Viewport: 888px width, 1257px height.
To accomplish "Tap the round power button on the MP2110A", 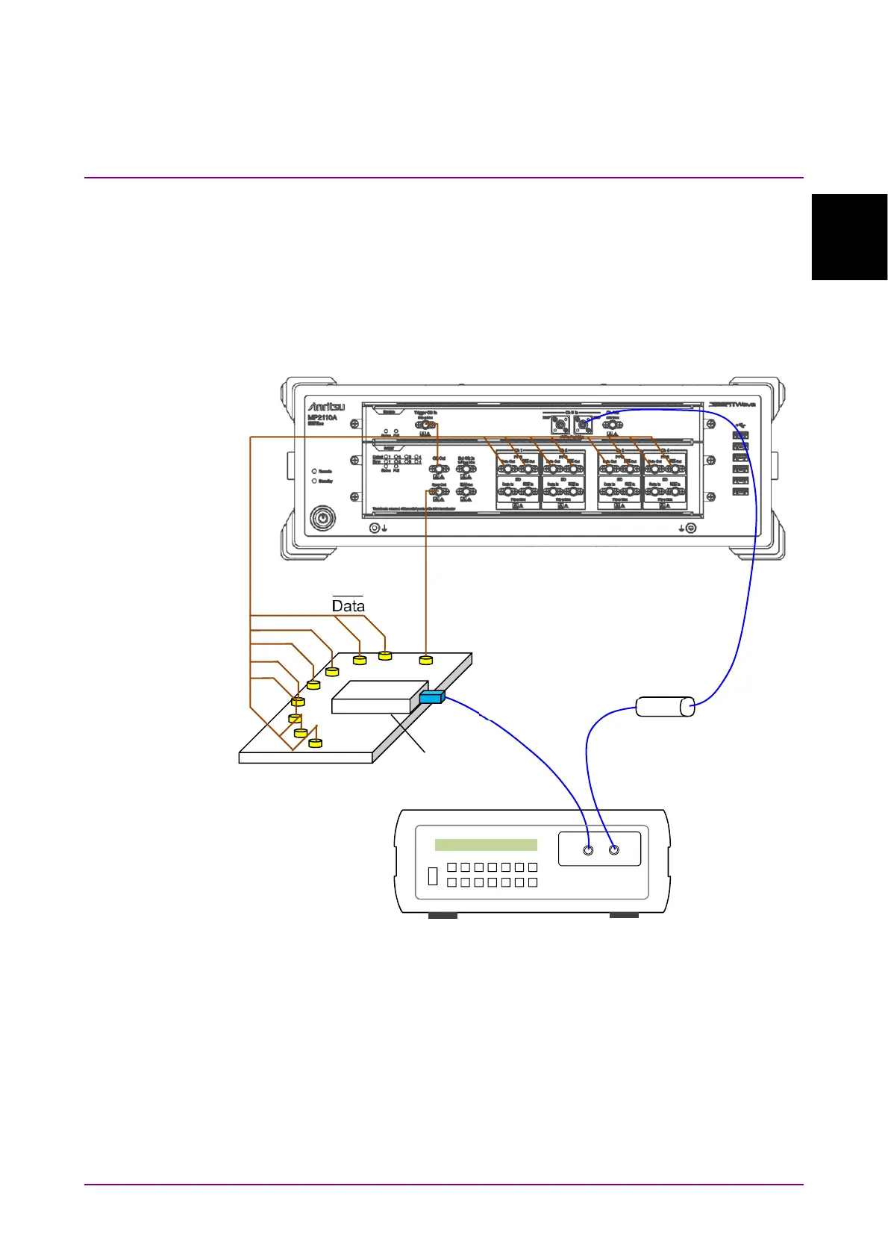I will coord(322,517).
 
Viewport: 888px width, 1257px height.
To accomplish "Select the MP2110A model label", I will coord(322,418).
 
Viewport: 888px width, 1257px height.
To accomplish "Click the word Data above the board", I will coord(348,605).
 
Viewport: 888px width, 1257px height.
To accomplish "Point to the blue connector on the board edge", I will coord(431,697).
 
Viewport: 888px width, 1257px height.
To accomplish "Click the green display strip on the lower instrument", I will coord(486,844).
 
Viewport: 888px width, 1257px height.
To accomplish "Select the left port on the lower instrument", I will coord(588,850).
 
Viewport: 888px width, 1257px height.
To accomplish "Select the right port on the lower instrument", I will coord(614,849).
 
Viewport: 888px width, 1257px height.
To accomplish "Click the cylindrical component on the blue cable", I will coord(665,706).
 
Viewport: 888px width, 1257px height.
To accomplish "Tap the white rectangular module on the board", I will coord(379,696).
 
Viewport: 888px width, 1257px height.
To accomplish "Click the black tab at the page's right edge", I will coord(849,237).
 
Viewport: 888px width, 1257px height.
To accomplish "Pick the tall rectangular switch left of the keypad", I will coord(433,876).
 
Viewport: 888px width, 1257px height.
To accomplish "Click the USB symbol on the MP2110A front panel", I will coord(740,424).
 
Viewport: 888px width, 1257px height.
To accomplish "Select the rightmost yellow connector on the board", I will coord(425,660).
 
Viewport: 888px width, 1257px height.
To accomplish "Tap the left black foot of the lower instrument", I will coord(443,915).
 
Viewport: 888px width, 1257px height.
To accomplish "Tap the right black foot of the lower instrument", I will coord(624,915).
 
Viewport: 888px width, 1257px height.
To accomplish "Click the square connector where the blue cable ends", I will coord(583,426).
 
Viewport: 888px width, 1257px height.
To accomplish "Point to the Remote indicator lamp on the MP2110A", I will coord(314,472).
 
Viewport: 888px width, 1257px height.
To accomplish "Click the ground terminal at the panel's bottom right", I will coord(691,528).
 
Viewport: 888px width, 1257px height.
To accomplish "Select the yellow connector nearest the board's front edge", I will coord(315,743).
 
